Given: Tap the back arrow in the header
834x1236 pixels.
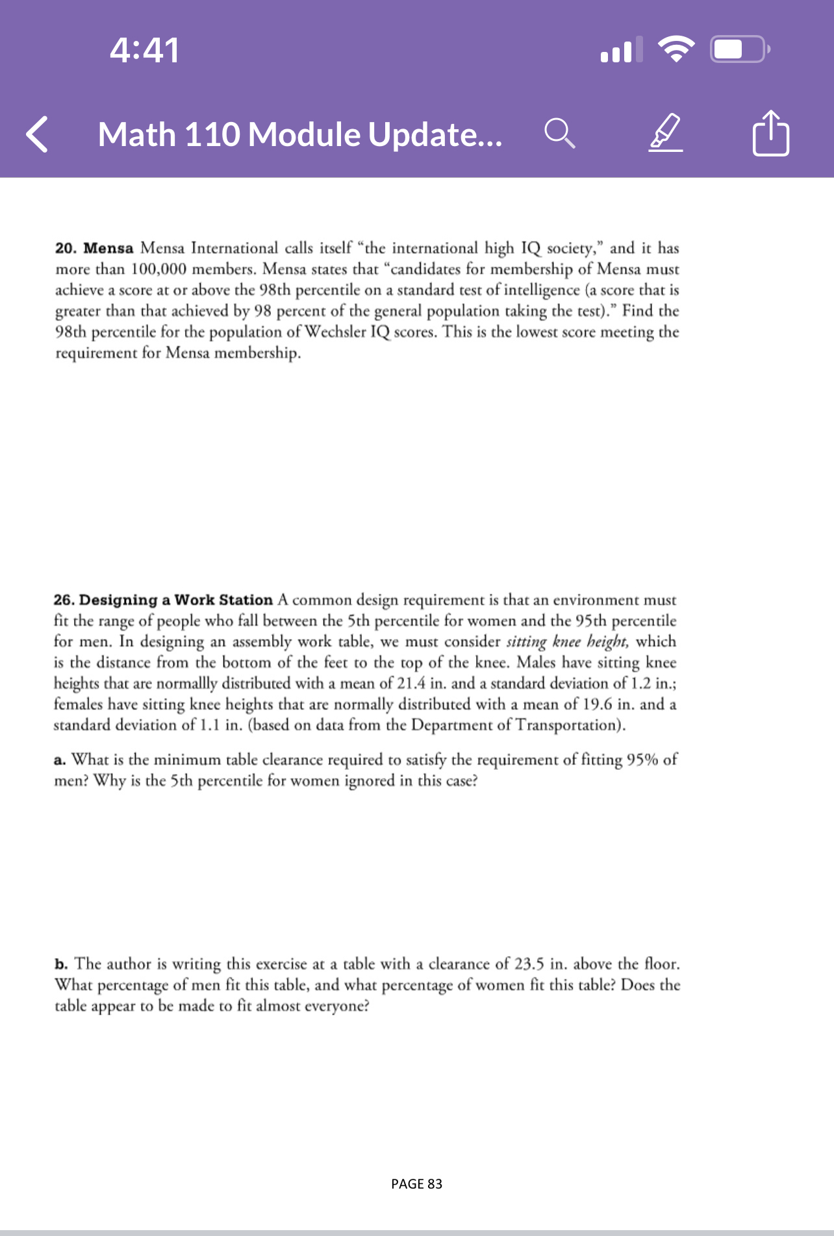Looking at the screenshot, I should click(38, 134).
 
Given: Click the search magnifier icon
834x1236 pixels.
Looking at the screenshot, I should click(559, 133).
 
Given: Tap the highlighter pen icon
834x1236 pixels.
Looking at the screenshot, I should click(666, 133).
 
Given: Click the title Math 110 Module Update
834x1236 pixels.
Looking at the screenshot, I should click(299, 134).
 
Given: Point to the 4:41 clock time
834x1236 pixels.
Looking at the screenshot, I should click(144, 50).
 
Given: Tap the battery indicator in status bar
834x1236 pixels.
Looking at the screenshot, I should click(739, 49).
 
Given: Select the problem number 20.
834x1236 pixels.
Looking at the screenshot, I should click(65, 249).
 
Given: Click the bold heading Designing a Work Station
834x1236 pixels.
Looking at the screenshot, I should click(176, 600).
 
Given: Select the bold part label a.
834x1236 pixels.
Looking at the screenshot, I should click(59, 760).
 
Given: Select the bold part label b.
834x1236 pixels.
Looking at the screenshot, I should click(60, 964).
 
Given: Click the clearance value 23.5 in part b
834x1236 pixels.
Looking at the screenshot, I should click(529, 964).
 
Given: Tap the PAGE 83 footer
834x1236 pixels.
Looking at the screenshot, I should click(416, 1183).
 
